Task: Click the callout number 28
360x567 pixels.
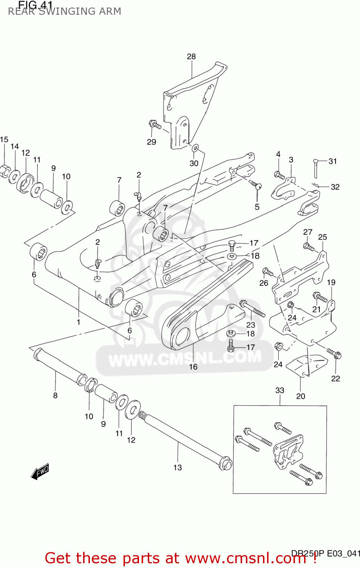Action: pyautogui.click(x=191, y=57)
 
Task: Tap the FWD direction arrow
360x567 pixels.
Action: pyautogui.click(x=40, y=471)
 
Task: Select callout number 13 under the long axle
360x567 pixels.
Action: pyautogui.click(x=178, y=468)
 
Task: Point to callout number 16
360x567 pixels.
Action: pyautogui.click(x=193, y=367)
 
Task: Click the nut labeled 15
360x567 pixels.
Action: pyautogui.click(x=5, y=171)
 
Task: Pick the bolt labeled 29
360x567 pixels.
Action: pyautogui.click(x=155, y=124)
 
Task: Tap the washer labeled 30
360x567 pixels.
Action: pyautogui.click(x=195, y=147)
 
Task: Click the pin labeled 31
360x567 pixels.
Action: pyautogui.click(x=315, y=168)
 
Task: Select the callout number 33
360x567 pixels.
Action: pyautogui.click(x=280, y=390)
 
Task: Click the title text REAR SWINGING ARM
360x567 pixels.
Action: pyautogui.click(x=65, y=11)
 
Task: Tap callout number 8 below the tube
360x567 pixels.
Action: pyautogui.click(x=55, y=395)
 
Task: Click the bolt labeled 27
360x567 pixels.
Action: pyautogui.click(x=309, y=247)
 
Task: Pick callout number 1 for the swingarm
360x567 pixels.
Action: pyautogui.click(x=79, y=322)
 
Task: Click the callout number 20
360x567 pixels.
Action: pyautogui.click(x=300, y=396)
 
